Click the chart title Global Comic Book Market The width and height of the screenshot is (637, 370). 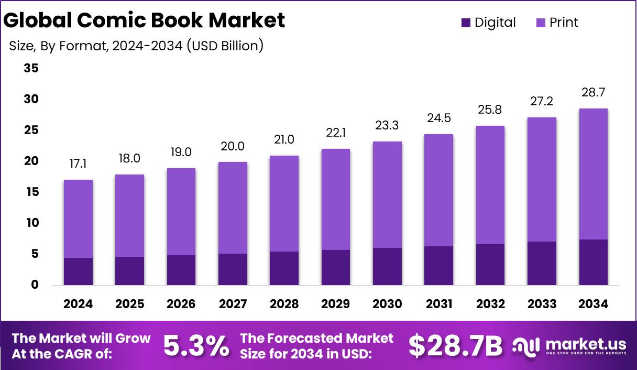click(x=145, y=20)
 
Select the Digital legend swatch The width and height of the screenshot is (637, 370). click(x=466, y=23)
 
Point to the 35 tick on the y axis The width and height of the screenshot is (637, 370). click(x=31, y=69)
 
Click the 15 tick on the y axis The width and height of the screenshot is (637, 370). click(x=31, y=192)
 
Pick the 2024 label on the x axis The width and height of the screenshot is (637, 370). click(x=78, y=304)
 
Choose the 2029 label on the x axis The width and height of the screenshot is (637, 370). click(x=336, y=304)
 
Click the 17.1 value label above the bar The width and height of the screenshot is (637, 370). click(x=78, y=165)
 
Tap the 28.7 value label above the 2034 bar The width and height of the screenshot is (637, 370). click(x=593, y=93)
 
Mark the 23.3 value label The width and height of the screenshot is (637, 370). click(x=387, y=126)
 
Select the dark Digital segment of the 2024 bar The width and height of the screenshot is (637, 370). click(x=78, y=271)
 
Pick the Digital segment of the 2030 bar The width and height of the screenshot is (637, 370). click(x=387, y=266)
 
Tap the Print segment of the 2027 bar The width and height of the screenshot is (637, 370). click(x=233, y=208)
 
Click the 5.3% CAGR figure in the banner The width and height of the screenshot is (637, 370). click(x=196, y=346)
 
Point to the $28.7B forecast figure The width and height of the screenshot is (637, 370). click(x=455, y=346)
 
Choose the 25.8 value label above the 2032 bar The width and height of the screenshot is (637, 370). click(x=490, y=110)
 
